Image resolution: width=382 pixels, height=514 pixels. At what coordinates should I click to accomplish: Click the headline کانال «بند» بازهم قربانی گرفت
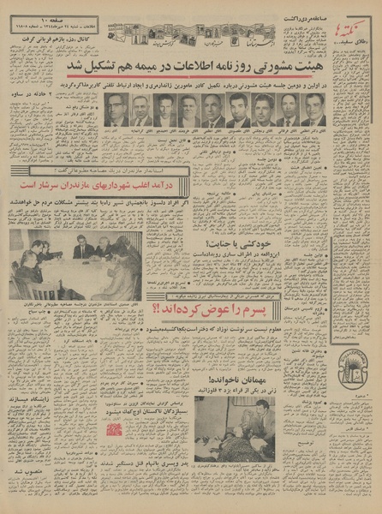click(x=53, y=38)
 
